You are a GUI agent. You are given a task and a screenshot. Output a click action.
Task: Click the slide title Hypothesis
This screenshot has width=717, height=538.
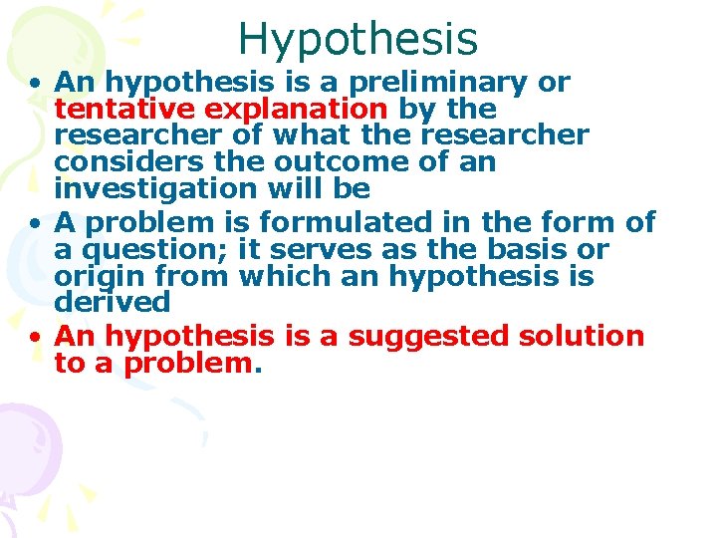point(358,39)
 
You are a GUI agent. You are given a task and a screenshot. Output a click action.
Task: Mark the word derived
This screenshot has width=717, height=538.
point(113,301)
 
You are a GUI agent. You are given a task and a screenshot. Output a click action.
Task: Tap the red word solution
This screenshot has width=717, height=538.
point(582,336)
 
